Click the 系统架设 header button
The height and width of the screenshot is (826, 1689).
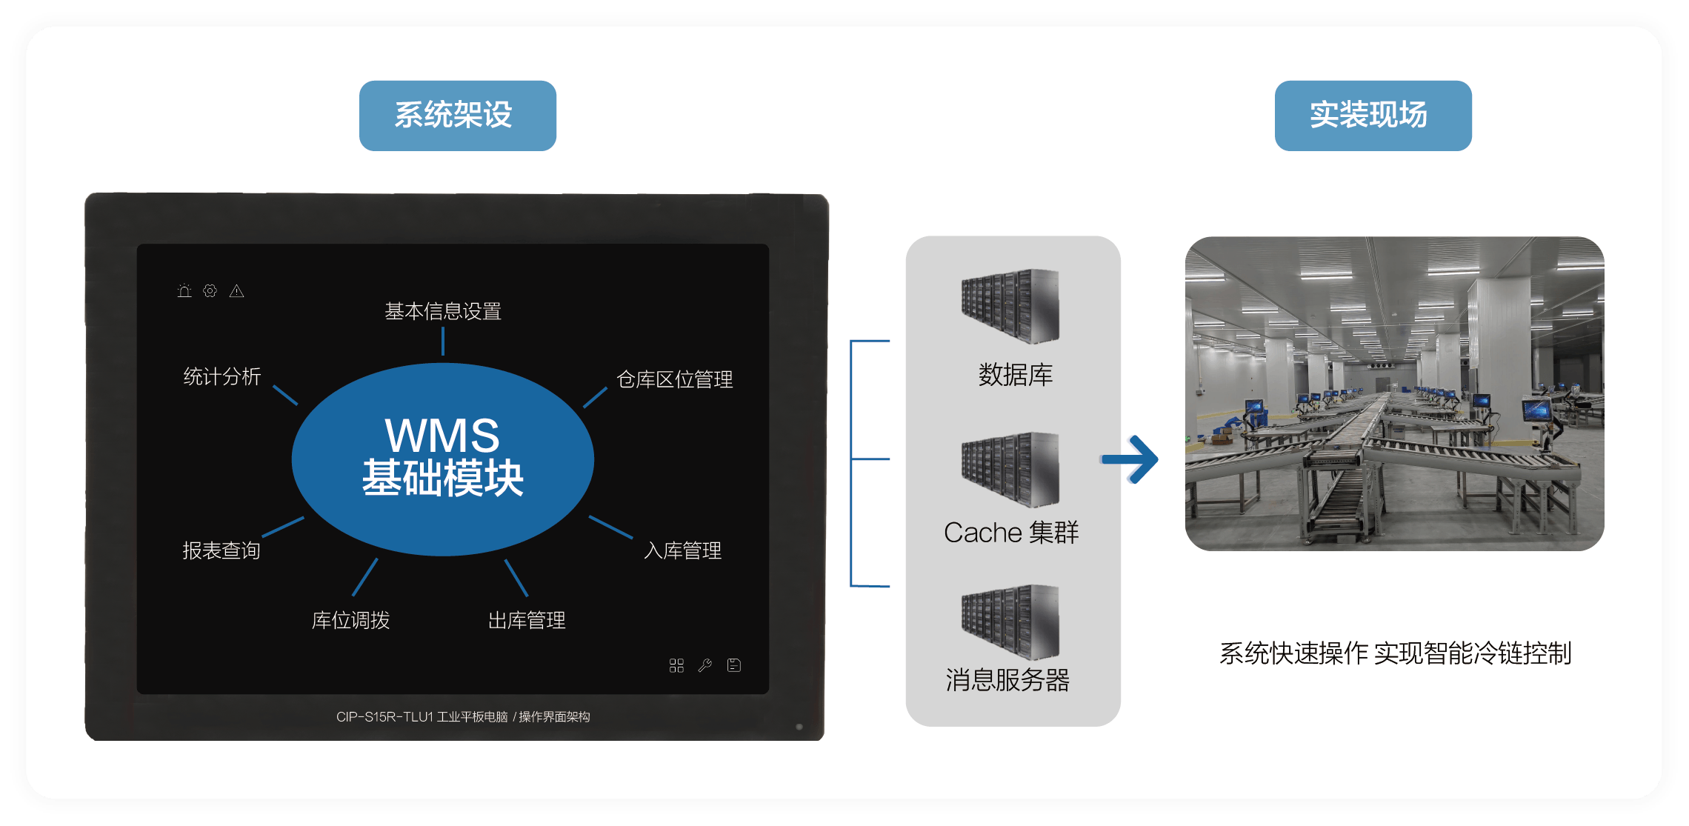457,116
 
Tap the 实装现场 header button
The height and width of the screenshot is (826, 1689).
1372,116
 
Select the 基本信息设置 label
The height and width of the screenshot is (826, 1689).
443,311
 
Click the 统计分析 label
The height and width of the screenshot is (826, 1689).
222,376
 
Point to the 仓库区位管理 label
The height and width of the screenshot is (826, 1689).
674,379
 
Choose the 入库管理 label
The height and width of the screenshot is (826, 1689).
682,550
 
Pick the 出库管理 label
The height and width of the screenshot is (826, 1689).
527,620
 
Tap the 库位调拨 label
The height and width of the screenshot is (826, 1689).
350,620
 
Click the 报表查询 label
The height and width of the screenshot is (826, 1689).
221,550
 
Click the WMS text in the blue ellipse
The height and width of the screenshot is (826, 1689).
442,435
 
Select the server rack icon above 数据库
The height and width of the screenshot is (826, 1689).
1010,306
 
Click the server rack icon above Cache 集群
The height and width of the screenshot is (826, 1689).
1010,470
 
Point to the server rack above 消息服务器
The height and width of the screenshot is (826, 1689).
1010,622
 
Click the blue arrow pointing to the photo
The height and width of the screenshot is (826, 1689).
1130,459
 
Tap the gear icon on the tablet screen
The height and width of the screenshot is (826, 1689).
210,291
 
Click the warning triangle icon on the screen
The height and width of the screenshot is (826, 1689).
236,291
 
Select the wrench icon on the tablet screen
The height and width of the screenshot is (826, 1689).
705,665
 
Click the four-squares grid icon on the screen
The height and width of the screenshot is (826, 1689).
676,665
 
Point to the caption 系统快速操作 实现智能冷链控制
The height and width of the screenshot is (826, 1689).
1395,653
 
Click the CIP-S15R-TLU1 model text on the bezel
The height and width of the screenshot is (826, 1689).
384,716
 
